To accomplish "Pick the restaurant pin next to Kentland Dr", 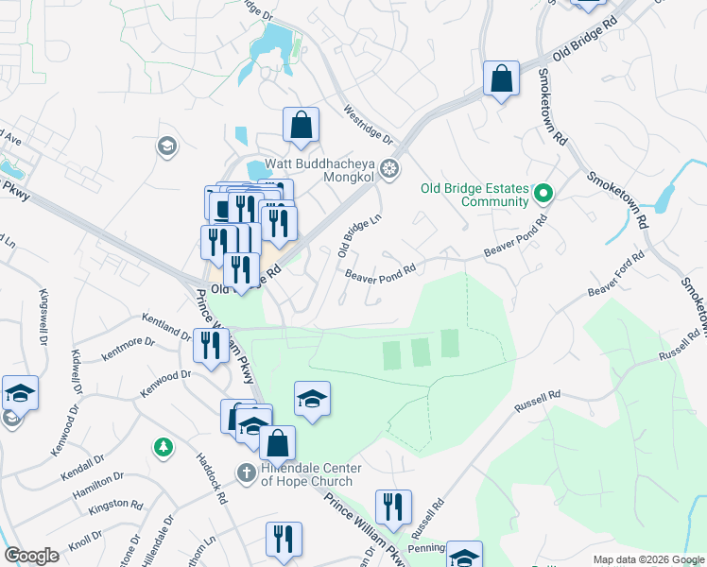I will pyautogui.click(x=210, y=345).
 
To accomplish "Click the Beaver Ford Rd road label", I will pyautogui.click(x=615, y=273).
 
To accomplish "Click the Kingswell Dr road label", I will pyautogui.click(x=43, y=317).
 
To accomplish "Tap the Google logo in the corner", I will pyautogui.click(x=31, y=555).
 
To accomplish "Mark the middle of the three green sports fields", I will pyautogui.click(x=420, y=352).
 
